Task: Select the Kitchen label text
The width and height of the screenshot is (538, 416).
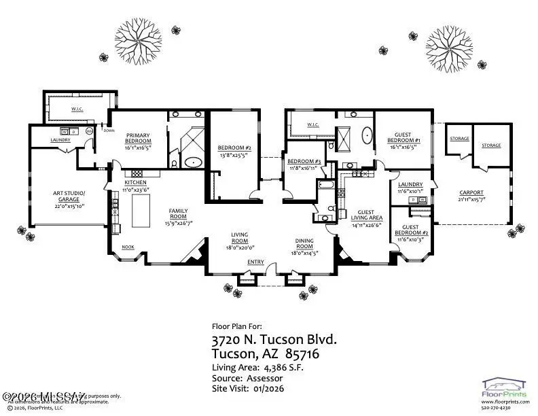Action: click(x=136, y=183)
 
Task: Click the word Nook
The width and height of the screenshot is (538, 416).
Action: click(x=127, y=247)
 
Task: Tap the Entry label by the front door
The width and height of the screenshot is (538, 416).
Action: click(x=256, y=262)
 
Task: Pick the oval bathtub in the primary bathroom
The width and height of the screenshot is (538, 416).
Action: click(x=194, y=162)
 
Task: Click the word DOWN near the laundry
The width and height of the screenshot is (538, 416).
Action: click(x=100, y=131)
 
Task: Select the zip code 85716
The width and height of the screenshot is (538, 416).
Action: click(x=302, y=355)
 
